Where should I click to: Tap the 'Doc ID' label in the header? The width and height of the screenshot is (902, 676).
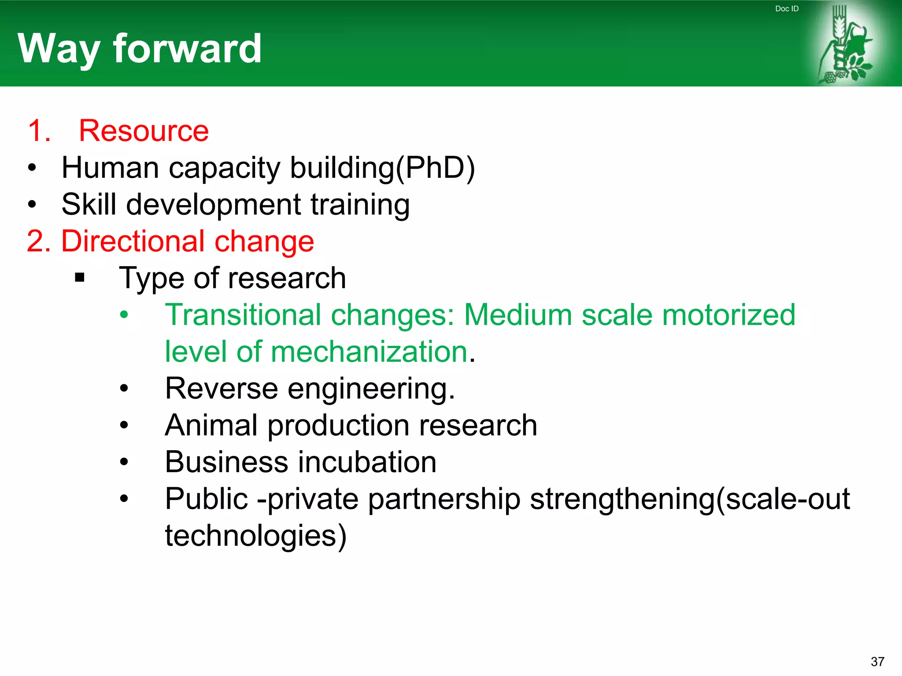(x=787, y=9)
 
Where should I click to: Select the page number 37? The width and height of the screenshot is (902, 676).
(x=877, y=661)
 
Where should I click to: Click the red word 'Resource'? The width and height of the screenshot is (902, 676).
(x=144, y=131)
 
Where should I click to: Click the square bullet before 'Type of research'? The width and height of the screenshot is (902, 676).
(x=80, y=278)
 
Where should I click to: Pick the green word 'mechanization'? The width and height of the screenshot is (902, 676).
(x=369, y=352)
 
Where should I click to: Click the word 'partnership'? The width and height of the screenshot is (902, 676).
(x=444, y=499)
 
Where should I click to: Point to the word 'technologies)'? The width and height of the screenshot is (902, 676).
(x=255, y=536)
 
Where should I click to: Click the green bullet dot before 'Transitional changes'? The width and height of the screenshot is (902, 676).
(x=124, y=315)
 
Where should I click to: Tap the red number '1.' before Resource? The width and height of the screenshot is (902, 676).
(x=39, y=131)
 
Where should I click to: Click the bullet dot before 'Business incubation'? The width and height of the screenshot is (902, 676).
(x=124, y=462)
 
